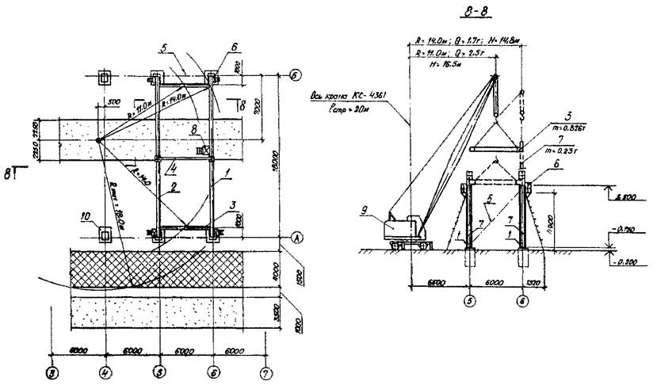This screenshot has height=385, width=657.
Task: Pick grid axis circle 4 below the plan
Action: point(105,370)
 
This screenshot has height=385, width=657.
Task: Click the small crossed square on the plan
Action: point(204,148)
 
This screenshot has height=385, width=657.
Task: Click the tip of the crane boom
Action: point(495,77)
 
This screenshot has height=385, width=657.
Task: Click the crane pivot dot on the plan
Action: point(98,141)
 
